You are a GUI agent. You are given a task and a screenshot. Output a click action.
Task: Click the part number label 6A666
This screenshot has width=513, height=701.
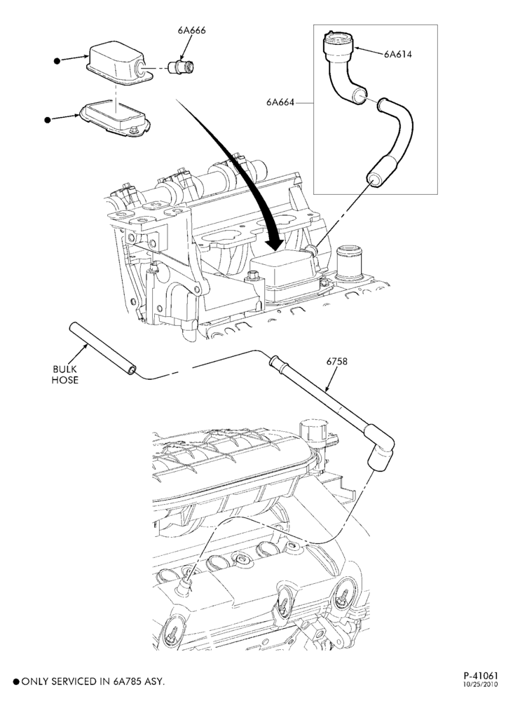[x=192, y=30]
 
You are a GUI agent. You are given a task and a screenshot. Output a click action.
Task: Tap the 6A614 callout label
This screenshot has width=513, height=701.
[x=397, y=54]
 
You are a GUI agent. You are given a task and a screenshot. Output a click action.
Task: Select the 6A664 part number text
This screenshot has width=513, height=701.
[x=280, y=102]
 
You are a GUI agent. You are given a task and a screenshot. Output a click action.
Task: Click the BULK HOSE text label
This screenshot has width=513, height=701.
[x=65, y=374]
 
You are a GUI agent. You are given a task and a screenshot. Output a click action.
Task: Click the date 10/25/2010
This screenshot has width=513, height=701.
[x=480, y=684]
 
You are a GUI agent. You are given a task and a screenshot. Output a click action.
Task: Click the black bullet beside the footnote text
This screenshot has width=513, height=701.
[x=16, y=682]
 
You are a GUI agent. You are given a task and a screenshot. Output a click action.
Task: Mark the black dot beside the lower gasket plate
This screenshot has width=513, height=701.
[x=48, y=120]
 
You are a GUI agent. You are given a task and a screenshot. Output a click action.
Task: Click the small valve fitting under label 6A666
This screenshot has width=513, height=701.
[x=182, y=68]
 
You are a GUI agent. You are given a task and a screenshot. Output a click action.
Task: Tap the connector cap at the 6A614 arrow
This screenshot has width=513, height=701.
[x=338, y=46]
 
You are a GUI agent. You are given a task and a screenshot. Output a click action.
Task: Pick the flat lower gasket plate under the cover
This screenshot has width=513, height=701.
[x=115, y=117]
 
